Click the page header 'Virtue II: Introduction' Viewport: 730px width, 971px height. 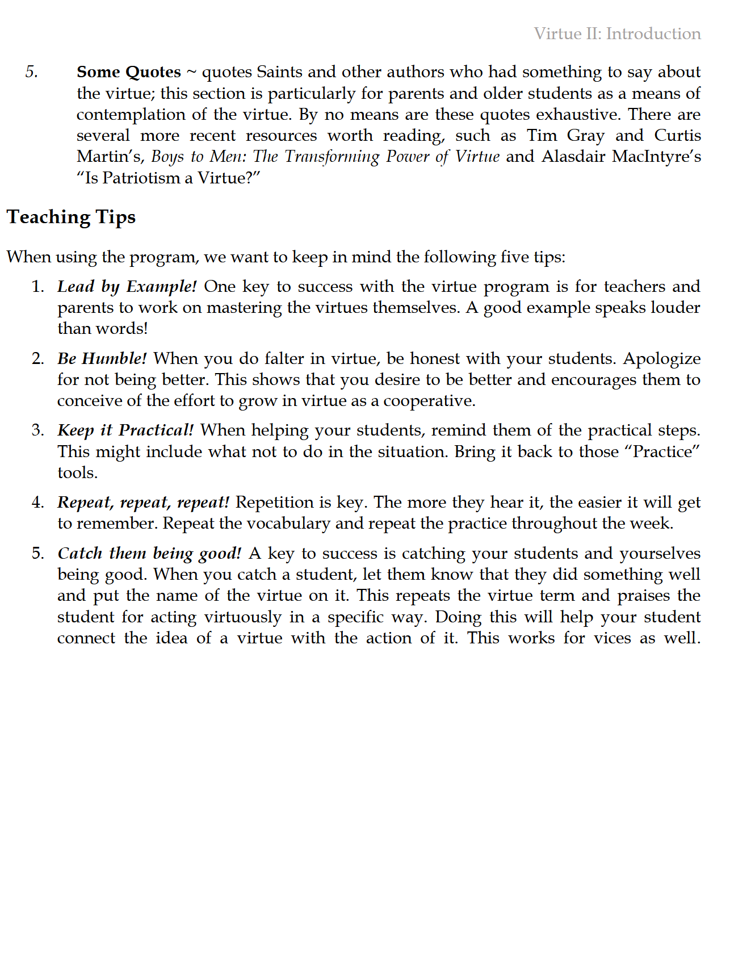point(617,34)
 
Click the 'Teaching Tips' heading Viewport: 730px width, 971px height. point(72,217)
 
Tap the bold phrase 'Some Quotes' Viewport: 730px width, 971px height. point(129,72)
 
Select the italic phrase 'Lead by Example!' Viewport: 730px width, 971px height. point(127,287)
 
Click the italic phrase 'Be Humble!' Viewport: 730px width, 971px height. point(102,359)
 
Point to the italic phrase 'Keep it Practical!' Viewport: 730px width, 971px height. point(125,430)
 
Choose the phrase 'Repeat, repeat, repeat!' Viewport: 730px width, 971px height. point(144,503)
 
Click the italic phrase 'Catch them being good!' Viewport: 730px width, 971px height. point(149,554)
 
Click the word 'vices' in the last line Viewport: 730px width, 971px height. point(612,638)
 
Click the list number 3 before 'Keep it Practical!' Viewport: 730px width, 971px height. point(37,430)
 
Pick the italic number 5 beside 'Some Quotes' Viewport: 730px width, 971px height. point(32,72)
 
